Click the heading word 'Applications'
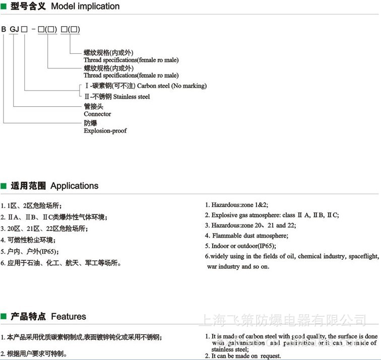click(x=74, y=186)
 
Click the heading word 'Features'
click(x=69, y=317)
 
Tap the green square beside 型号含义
click(x=4, y=7)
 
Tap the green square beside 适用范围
click(x=4, y=186)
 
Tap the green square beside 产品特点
click(x=4, y=317)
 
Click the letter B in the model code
click(x=4, y=29)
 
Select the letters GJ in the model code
click(x=14, y=29)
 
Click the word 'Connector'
click(x=97, y=114)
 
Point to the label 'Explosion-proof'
click(x=105, y=131)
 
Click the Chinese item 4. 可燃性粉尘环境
click(x=29, y=240)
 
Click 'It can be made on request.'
click(x=245, y=355)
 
